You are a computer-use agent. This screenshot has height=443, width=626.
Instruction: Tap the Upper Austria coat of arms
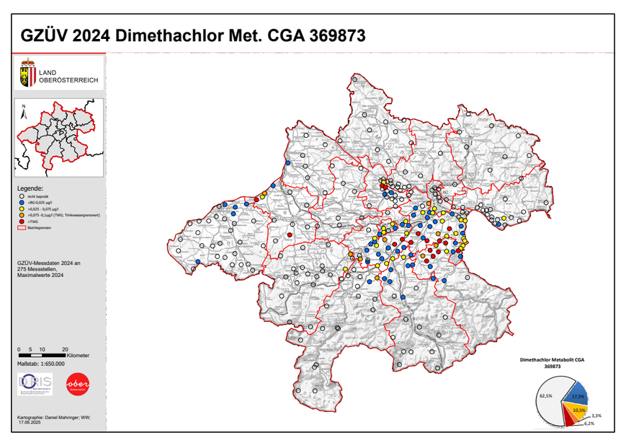(27, 75)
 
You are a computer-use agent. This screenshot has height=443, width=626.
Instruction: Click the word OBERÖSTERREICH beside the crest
(69, 79)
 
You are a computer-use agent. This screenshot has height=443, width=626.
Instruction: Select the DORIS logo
(35, 385)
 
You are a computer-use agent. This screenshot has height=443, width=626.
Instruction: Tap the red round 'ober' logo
(77, 385)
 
